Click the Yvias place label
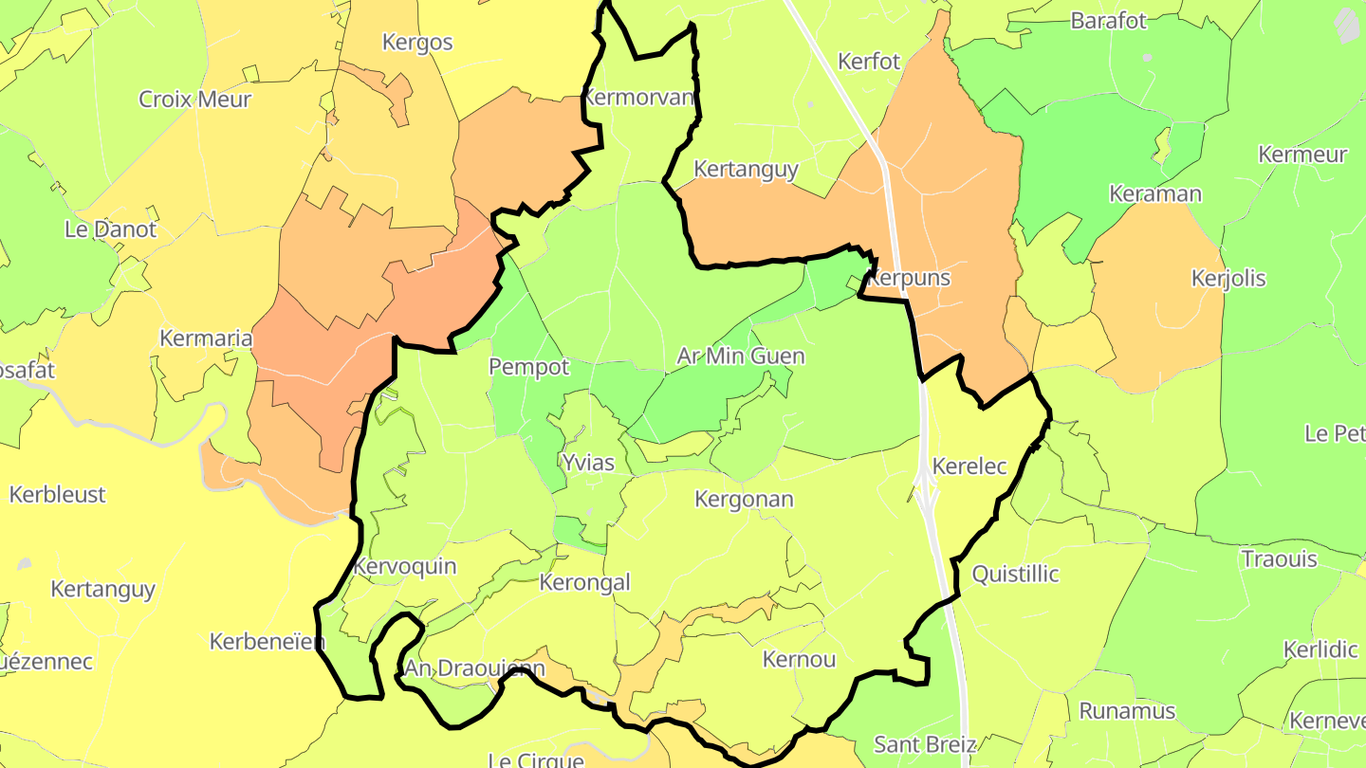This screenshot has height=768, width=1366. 588,464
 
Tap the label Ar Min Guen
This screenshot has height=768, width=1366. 740,357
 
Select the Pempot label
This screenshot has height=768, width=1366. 529,367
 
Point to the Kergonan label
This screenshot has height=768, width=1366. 744,500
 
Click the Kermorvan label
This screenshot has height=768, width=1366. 638,98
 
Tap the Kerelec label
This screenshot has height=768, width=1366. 969,466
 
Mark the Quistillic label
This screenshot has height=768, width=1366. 1015,575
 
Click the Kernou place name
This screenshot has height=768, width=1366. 799,660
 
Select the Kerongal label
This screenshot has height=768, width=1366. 584,582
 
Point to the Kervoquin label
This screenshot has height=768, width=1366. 404,567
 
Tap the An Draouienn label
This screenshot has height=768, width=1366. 474,669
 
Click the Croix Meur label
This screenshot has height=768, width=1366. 194,100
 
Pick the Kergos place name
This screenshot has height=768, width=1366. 417,43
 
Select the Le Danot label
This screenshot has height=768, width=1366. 110,229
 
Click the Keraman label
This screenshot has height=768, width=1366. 1154,194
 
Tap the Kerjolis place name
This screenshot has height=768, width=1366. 1228,279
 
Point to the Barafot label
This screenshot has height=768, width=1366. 1108,21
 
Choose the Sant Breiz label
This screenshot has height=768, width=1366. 924,744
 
